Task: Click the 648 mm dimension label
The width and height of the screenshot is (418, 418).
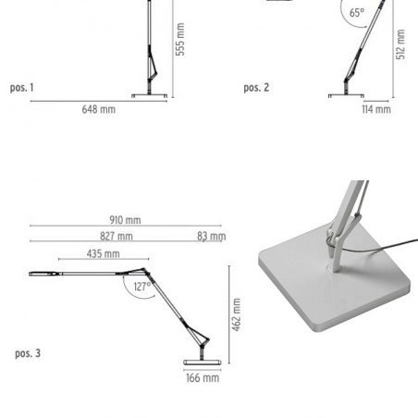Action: pos(99,109)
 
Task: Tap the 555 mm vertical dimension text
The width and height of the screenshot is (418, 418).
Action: pos(180,39)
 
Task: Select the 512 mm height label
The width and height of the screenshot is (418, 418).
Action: pos(400,44)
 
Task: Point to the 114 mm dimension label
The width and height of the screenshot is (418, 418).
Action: pos(376,109)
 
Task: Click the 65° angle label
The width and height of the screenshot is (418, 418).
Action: pos(357,13)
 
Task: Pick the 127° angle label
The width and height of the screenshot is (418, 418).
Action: pos(142,287)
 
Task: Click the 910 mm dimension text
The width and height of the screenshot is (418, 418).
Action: pos(125,220)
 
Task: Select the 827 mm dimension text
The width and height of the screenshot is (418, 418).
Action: pos(117,237)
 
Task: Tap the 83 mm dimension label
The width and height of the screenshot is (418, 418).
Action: pos(212,237)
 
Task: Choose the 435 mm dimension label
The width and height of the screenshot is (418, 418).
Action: pos(103,253)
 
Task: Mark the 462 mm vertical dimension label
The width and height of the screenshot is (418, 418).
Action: pos(237,314)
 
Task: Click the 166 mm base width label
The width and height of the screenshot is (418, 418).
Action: pos(203,377)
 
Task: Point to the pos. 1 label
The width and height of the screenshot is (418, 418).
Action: pos(21,88)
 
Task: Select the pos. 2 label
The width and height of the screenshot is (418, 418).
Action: pos(256,88)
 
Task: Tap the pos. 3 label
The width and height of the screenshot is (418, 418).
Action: pos(28,353)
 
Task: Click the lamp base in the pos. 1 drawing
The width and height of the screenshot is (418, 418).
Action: pos(150,96)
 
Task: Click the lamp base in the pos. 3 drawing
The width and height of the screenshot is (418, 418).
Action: pos(203,363)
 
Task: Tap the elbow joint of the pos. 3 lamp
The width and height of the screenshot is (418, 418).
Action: pos(145,271)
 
